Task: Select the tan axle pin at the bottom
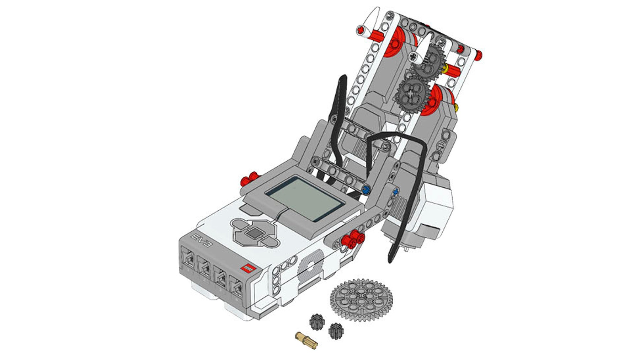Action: coord(306,340)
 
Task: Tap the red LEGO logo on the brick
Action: coord(248,268)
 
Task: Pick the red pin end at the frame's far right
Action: coord(479,55)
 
